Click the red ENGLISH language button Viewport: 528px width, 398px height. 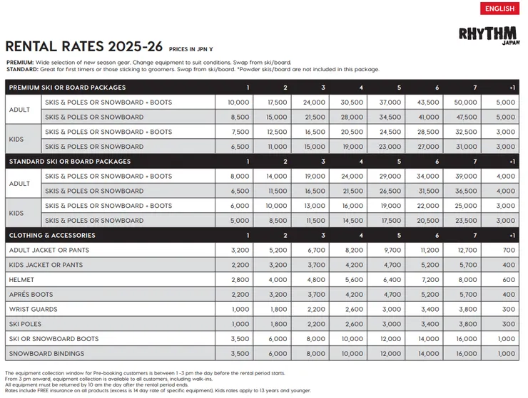pos(500,9)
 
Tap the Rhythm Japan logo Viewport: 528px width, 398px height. pos(489,36)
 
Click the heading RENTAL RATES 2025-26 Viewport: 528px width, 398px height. pos(84,47)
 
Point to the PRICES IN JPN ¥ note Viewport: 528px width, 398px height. pos(193,50)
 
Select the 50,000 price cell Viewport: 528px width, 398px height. pos(474,103)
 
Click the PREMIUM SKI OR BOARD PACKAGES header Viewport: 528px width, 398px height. pos(67,88)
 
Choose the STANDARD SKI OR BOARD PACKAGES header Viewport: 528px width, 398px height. pos(68,162)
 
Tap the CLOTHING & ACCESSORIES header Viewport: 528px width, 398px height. pos(52,236)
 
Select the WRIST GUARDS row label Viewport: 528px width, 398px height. pos(34,310)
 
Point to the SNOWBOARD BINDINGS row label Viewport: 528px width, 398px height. pos(46,354)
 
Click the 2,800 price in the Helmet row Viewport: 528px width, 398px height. pos(239,280)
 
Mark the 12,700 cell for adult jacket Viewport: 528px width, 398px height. pos(474,251)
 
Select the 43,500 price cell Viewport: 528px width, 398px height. pos(428,103)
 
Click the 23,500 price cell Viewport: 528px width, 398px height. pos(474,221)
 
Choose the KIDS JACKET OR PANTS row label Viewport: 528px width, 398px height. pos(46,265)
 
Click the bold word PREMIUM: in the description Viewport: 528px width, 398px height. pos(20,63)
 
